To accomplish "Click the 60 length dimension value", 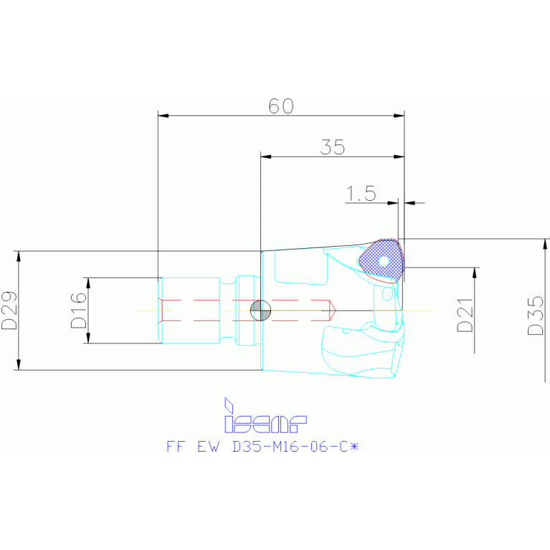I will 281,106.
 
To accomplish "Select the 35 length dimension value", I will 333,148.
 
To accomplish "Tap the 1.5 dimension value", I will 361,194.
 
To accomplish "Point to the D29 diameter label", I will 9,310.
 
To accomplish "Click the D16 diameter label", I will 78,310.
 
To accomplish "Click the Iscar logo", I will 265,417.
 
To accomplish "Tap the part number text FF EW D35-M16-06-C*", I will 261,446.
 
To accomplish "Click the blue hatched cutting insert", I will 382,260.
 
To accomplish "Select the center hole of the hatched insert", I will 384,261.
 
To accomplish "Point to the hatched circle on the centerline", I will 259,310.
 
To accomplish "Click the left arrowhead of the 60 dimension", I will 162,115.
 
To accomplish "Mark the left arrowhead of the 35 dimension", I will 265,156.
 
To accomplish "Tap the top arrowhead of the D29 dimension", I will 19,255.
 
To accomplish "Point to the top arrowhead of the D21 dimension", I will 475,272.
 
